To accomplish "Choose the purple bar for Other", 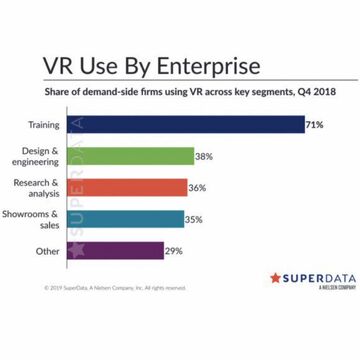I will point(117,250).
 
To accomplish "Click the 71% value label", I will point(314,125).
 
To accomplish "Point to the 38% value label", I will point(203,156).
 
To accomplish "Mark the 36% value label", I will point(197,187).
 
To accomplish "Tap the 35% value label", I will point(194,218).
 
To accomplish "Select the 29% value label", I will point(174,250).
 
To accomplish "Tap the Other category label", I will point(46,250).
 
